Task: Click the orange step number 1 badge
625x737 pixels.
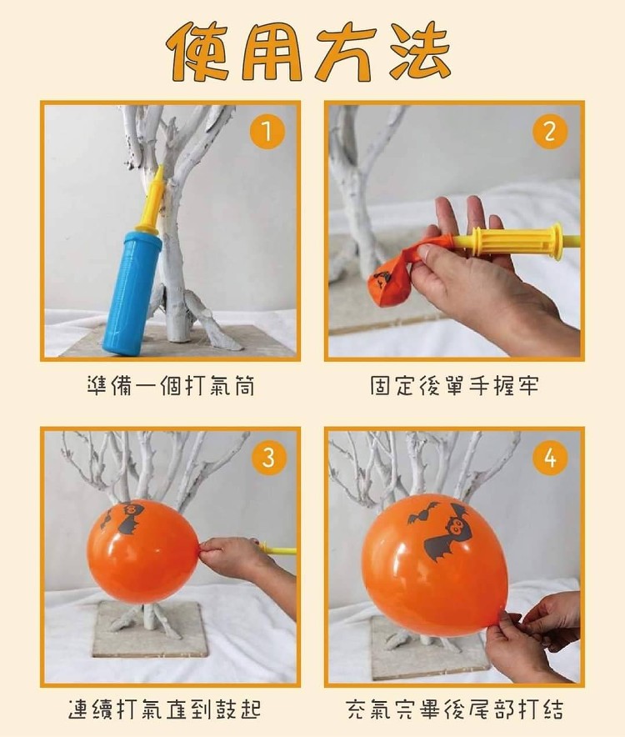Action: click(x=267, y=131)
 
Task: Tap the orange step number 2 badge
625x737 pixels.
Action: click(x=550, y=131)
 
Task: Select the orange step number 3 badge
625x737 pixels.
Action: click(x=268, y=458)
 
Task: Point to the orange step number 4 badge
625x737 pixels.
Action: click(x=550, y=458)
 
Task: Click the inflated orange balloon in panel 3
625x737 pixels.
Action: click(x=143, y=551)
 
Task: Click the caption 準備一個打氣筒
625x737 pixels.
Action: click(x=171, y=386)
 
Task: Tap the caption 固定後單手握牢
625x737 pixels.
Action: click(x=454, y=386)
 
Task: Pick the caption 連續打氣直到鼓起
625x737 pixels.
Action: click(x=164, y=709)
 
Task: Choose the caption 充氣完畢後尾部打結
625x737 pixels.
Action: click(x=455, y=709)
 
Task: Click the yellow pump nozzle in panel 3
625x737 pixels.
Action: click(x=277, y=549)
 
